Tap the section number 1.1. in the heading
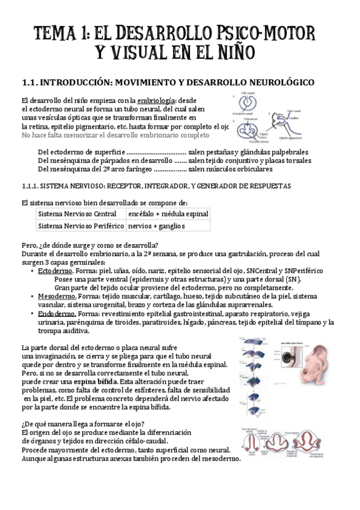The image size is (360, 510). point(30,82)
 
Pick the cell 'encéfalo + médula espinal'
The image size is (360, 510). point(168,214)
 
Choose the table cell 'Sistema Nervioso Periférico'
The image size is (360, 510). point(80,226)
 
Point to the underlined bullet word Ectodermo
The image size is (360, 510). point(54,271)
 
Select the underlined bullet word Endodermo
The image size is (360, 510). point(56,313)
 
